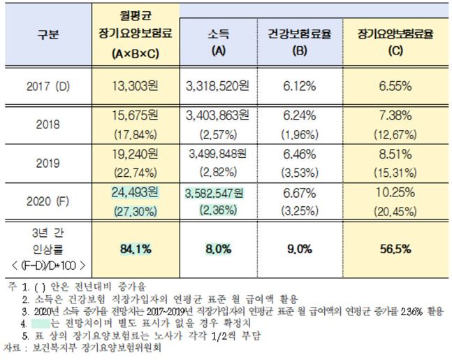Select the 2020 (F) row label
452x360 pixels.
[48, 201]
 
